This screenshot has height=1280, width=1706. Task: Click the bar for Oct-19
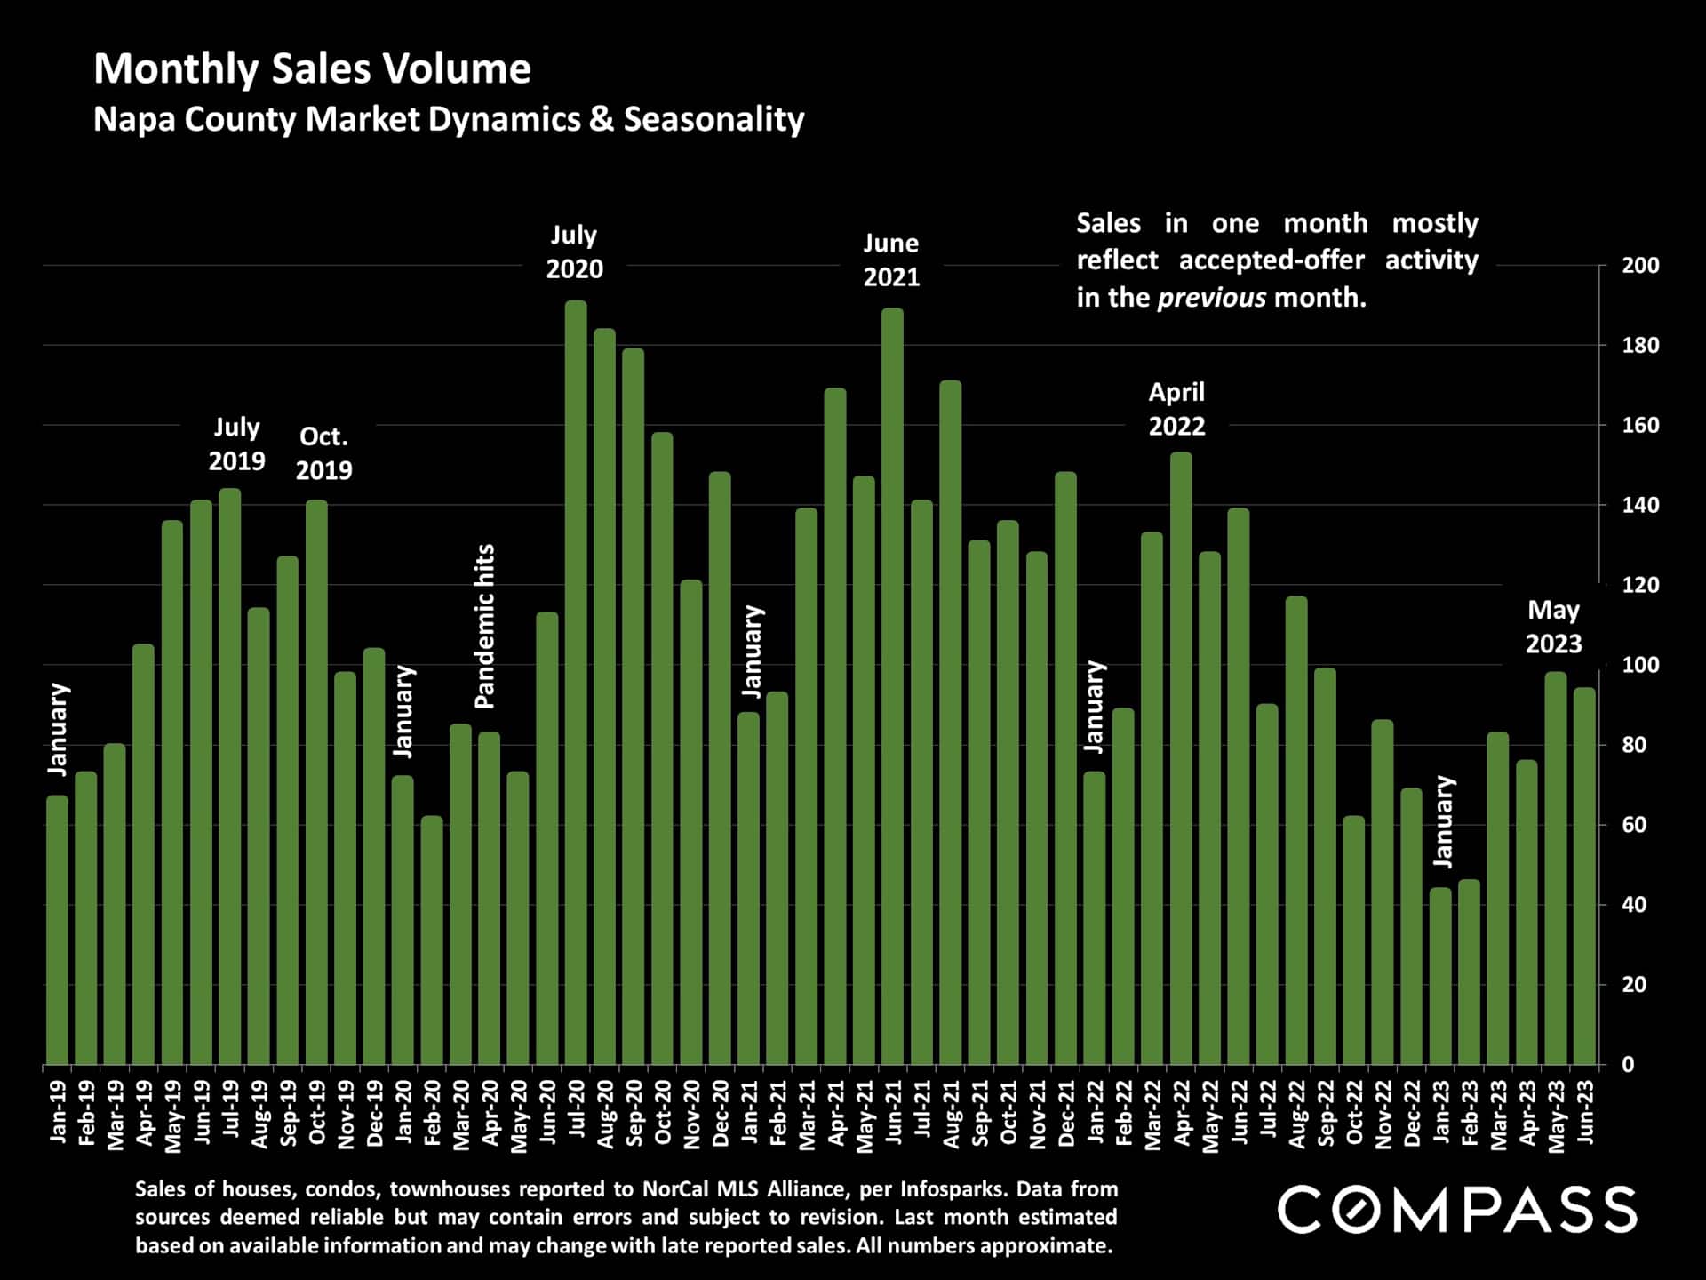click(316, 781)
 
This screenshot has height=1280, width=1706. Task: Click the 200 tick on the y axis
click(1640, 266)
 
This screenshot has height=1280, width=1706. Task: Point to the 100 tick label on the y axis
click(1640, 665)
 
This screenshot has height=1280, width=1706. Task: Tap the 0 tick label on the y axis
click(1628, 1065)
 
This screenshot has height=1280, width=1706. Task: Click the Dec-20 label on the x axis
click(721, 1114)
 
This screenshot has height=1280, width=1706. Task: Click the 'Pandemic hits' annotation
click(484, 627)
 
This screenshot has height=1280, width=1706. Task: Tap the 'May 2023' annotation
click(1553, 627)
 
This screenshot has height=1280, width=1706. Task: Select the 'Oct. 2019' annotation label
click(323, 453)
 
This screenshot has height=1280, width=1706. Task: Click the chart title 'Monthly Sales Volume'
click(312, 68)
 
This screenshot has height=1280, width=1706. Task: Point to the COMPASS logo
click(1457, 1210)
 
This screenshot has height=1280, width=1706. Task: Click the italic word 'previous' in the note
click(1211, 297)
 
